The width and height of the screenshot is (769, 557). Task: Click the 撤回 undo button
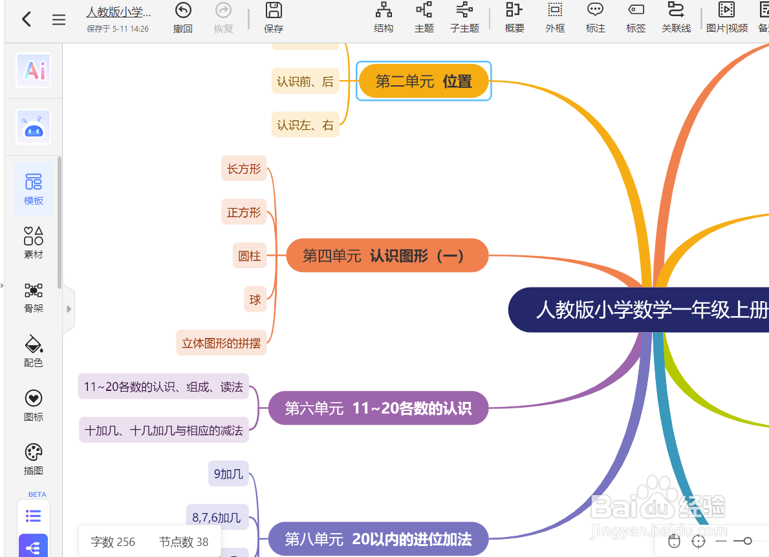183,17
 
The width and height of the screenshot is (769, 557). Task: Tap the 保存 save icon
274,17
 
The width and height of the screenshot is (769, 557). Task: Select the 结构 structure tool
384,17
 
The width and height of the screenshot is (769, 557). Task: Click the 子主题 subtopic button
464,17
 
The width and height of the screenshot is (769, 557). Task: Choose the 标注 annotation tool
595,17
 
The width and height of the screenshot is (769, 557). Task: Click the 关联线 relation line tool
676,17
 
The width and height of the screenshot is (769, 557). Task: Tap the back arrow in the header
27,19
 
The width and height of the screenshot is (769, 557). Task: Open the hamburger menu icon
59,20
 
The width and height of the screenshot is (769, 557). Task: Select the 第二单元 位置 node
424,81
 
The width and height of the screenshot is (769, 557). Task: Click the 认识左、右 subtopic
305,125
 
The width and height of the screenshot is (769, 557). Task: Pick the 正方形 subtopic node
244,212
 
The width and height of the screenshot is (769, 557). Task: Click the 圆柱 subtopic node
249,256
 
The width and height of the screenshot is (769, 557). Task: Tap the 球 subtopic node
255,299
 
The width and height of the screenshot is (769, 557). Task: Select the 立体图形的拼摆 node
221,343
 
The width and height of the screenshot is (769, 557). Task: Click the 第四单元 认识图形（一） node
387,255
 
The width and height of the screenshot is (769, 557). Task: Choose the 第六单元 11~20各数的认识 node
378,408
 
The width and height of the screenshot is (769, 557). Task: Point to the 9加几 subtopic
228,474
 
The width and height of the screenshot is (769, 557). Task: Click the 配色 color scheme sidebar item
34,351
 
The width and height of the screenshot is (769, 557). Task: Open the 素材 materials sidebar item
34,243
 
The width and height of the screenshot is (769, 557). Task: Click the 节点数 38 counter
184,541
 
